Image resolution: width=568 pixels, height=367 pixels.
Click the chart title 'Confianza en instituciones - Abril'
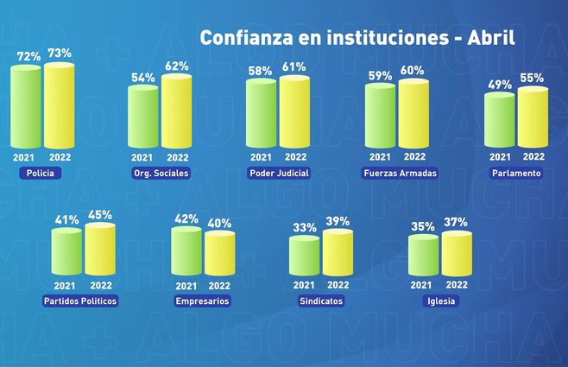(x=357, y=38)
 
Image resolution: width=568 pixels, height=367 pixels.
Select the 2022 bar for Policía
(x=59, y=104)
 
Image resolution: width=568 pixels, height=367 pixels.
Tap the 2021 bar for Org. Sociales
(x=142, y=117)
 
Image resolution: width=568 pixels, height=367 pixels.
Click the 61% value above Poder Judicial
(x=294, y=67)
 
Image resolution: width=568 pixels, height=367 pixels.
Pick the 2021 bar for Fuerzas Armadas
(x=380, y=115)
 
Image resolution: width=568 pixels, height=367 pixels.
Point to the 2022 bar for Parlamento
(x=533, y=117)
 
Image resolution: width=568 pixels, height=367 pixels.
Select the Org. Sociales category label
(x=161, y=173)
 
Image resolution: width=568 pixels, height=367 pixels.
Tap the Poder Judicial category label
(x=278, y=173)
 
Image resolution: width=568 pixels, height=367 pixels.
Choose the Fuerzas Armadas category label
(x=400, y=173)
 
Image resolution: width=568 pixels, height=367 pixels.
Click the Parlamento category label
(x=516, y=173)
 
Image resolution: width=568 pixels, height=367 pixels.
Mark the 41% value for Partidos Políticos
(x=66, y=220)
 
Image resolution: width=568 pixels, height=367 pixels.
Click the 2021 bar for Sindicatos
(x=304, y=256)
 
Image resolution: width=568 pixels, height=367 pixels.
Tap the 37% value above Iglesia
(x=456, y=223)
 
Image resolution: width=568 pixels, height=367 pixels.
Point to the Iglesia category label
(x=440, y=301)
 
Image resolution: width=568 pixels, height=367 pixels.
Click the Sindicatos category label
(x=320, y=301)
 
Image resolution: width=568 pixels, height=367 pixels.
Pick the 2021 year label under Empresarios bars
(x=185, y=286)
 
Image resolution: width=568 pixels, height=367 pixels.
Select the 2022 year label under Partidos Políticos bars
(x=101, y=286)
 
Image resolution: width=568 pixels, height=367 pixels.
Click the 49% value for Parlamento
(x=499, y=85)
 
